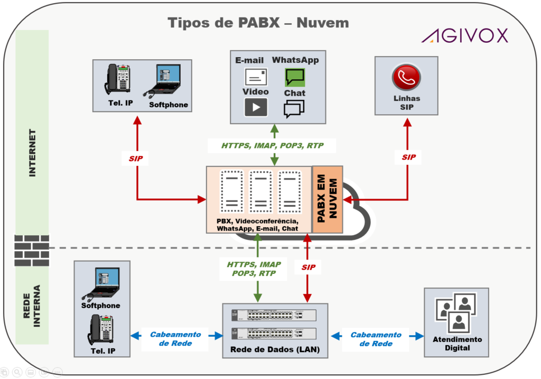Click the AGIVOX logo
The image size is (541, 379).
pyautogui.click(x=464, y=35)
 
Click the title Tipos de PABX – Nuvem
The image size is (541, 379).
pyautogui.click(x=258, y=23)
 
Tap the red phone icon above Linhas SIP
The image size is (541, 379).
pyautogui.click(x=406, y=78)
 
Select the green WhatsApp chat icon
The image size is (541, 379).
pyautogui.click(x=295, y=78)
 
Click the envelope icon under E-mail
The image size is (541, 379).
pyautogui.click(x=256, y=77)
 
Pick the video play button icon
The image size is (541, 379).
pyautogui.click(x=256, y=107)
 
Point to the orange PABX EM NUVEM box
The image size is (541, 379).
pyautogui.click(x=328, y=199)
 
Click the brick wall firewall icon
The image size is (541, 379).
pyautogui.click(x=31, y=251)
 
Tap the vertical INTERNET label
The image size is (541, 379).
pyautogui.click(x=32, y=153)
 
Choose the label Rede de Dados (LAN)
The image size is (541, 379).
pyautogui.click(x=275, y=350)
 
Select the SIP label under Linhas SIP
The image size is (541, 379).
pyautogui.click(x=408, y=157)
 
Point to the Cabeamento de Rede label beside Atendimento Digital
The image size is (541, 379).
pyautogui.click(x=376, y=339)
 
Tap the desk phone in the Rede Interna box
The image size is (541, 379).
pyautogui.click(x=101, y=329)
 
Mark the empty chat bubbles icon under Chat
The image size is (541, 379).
pyautogui.click(x=294, y=109)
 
